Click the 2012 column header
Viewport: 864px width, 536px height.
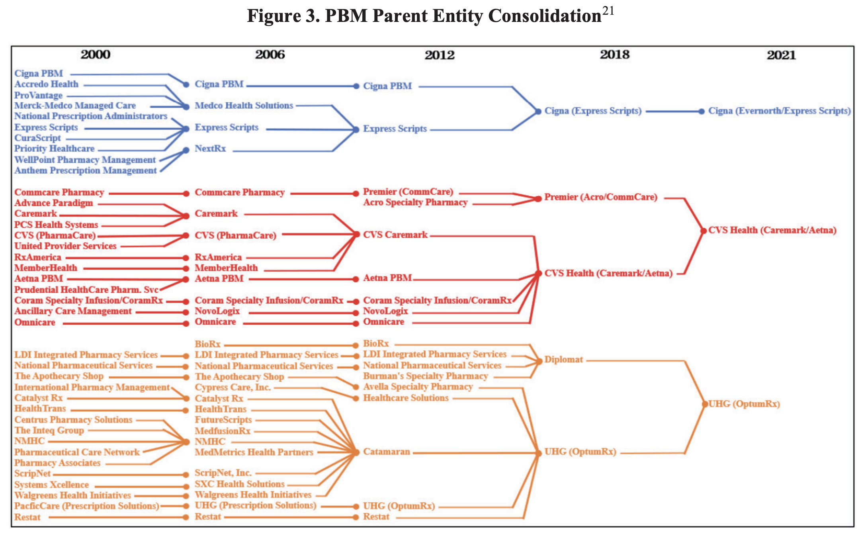pos(439,55)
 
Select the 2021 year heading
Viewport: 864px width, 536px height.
pos(781,55)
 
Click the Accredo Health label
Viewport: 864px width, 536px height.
pos(47,84)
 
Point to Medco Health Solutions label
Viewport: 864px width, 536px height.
pos(244,106)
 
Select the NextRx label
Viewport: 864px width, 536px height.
pos(210,149)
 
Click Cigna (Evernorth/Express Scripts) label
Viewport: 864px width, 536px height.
pos(779,111)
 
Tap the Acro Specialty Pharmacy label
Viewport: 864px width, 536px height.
pos(415,203)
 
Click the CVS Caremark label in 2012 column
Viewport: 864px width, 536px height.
pos(395,235)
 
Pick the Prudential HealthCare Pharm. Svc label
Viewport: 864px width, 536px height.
pos(86,290)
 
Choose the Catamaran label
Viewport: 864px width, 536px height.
pos(386,452)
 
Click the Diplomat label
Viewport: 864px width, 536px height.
pos(563,360)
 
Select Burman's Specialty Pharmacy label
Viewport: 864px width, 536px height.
pos(425,376)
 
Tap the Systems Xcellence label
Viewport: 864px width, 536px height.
pos(52,485)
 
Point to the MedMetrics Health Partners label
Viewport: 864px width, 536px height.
pos(254,452)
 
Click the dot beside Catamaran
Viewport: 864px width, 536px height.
pos(356,452)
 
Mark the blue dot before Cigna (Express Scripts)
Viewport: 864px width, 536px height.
pos(538,112)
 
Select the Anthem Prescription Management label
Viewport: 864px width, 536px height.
pos(86,171)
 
